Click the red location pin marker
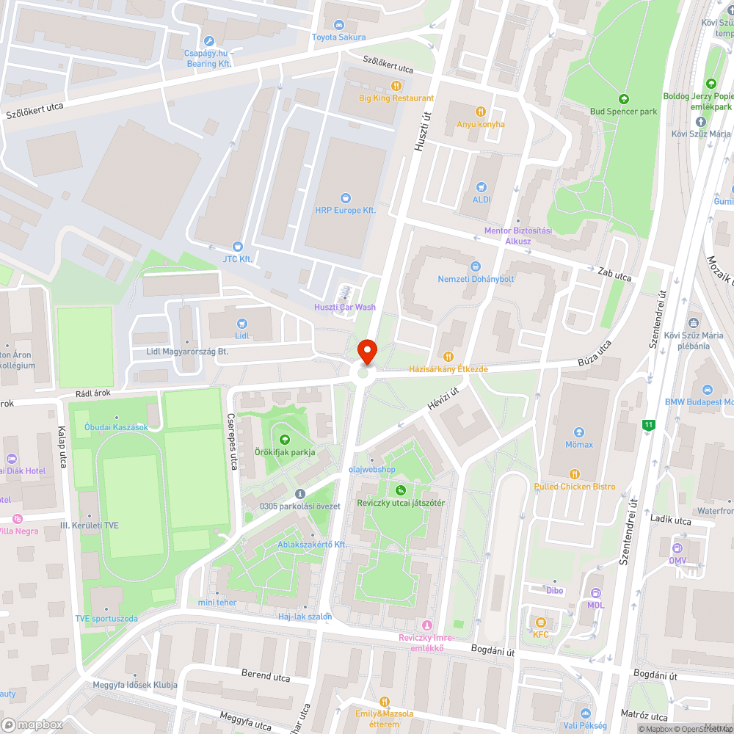tap(366, 352)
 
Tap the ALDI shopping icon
tap(482, 187)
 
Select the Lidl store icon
tap(242, 323)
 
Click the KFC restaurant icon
tap(541, 622)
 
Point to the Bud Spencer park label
tap(623, 112)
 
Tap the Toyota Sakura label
tap(338, 37)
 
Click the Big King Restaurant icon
tap(396, 85)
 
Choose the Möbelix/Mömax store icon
tap(579, 432)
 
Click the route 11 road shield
tap(648, 424)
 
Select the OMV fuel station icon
tap(677, 548)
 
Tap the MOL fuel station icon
tap(595, 593)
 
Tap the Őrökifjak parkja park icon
tap(285, 439)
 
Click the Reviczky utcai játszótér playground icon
tap(400, 490)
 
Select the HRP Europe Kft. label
tap(345, 210)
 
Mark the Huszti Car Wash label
tap(345, 307)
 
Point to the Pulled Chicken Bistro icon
tap(575, 473)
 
